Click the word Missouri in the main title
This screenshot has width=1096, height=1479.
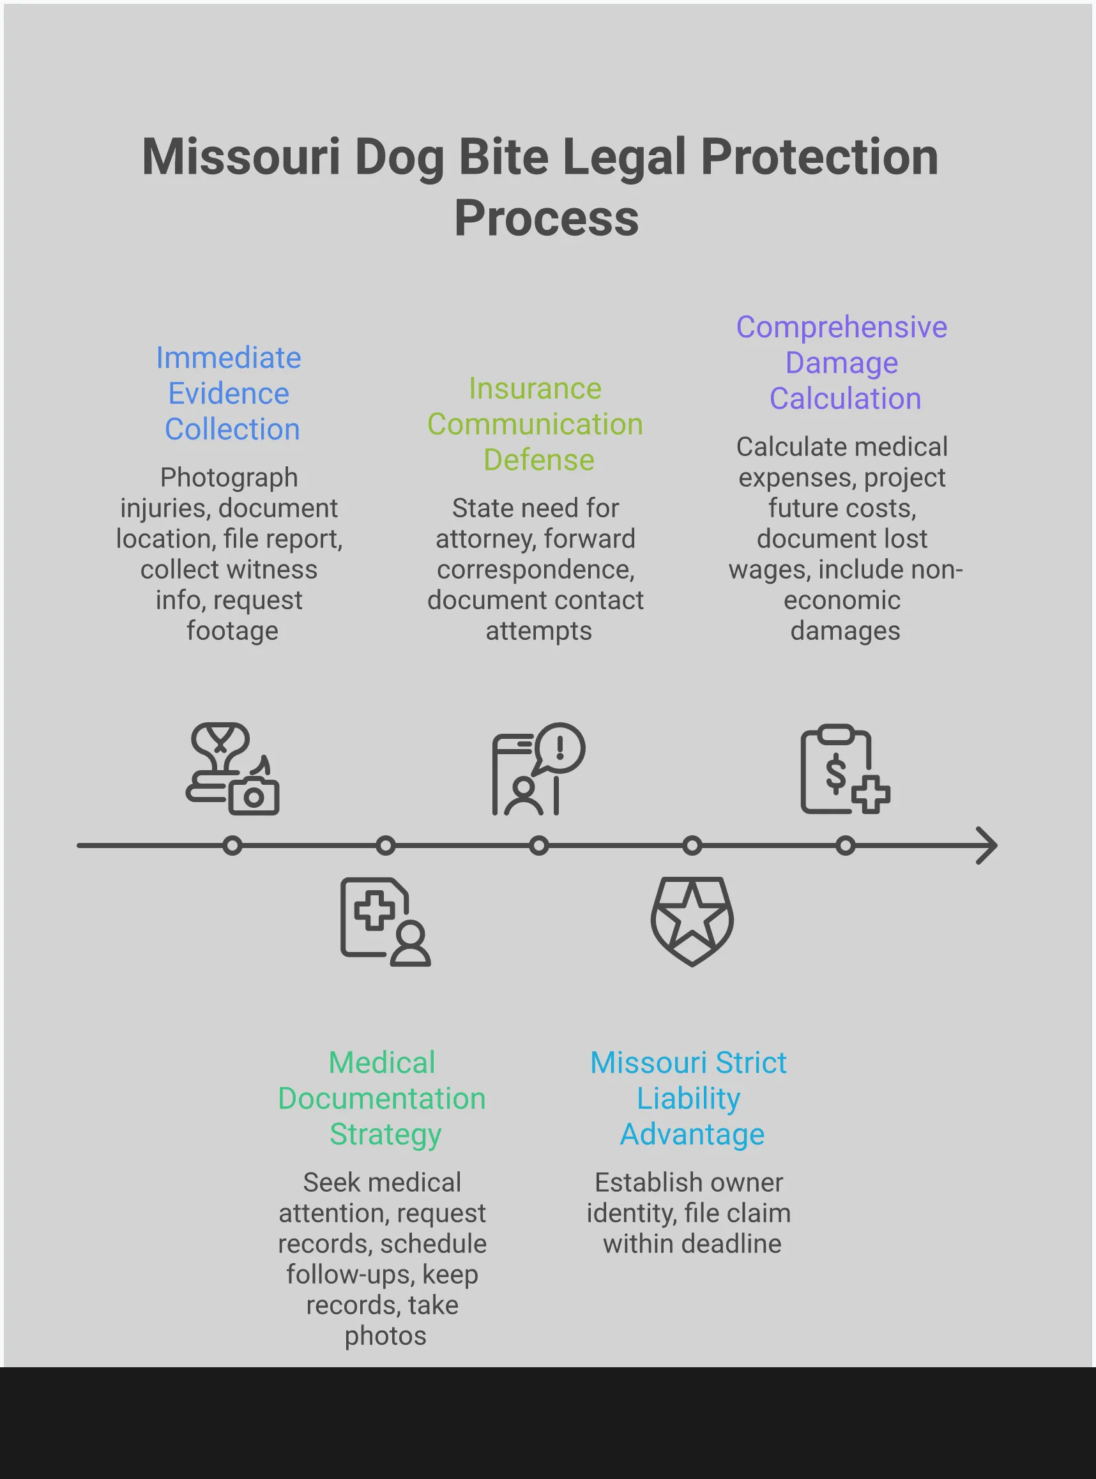click(x=240, y=157)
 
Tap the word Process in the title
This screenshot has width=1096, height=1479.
click(x=546, y=218)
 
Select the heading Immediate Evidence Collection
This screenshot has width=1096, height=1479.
click(x=229, y=393)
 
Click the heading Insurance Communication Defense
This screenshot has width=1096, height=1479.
click(x=535, y=424)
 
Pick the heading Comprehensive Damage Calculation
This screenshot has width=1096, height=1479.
click(x=842, y=363)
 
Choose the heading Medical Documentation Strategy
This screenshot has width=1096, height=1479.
click(x=382, y=1098)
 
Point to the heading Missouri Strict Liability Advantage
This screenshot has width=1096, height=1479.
click(x=689, y=1098)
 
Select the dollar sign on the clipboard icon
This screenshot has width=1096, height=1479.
click(x=835, y=773)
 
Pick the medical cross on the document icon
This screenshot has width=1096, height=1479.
click(x=374, y=910)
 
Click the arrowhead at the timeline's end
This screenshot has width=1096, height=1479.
click(x=988, y=846)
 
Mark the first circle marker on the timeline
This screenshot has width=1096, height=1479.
click(x=232, y=846)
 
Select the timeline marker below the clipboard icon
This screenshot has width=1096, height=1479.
click(x=845, y=846)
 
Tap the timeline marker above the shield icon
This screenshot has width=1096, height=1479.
click(x=692, y=846)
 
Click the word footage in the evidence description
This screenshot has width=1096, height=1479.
click(x=232, y=631)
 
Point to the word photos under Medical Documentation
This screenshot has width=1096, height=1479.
click(x=386, y=1336)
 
